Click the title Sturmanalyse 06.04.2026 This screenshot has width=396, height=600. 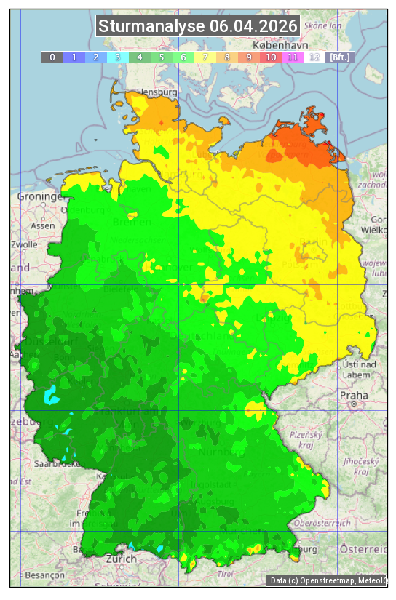pos(198,26)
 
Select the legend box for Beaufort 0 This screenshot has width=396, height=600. pos(52,57)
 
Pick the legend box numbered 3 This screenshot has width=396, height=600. pos(117,57)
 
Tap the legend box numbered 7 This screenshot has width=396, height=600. pos(205,57)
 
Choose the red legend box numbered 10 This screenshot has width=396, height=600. pos(271,57)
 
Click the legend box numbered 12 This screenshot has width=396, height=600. pos(314,57)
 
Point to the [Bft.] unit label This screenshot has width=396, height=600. pos(338,57)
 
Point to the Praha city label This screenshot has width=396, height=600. pos(353,395)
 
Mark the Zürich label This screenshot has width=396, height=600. pos(121,559)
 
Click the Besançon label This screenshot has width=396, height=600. pos(43,575)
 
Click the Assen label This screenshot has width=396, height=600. pos(43,225)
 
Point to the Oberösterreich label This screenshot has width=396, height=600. pos(322,522)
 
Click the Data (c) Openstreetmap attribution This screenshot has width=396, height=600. pos(328,580)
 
